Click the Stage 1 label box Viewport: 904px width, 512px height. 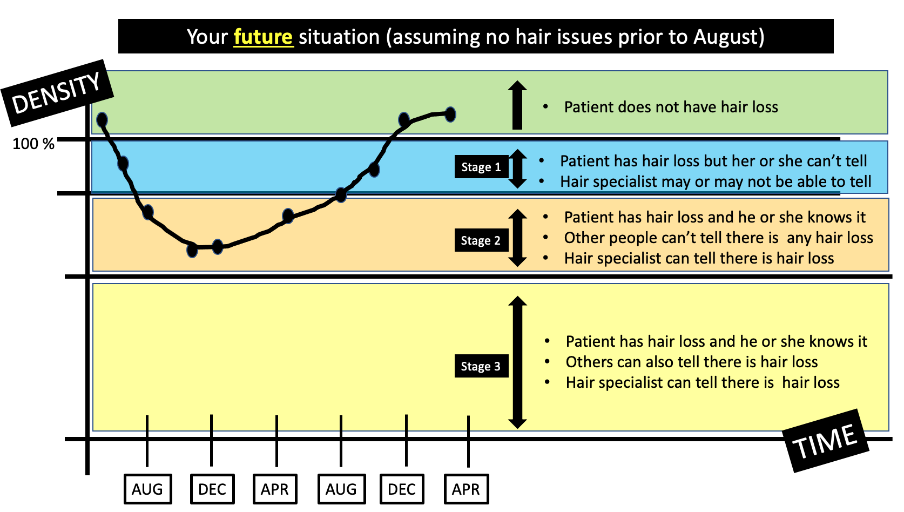[x=481, y=167]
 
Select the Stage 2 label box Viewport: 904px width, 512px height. [x=481, y=240]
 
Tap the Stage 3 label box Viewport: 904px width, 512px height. [x=481, y=366]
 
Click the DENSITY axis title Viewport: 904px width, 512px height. [x=57, y=93]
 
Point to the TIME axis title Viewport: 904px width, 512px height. [x=825, y=441]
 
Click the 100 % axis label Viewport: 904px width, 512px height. [x=33, y=144]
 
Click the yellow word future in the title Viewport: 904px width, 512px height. [x=263, y=37]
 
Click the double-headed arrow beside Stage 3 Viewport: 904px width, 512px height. [x=517, y=362]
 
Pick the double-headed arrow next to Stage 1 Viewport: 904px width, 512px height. [x=517, y=169]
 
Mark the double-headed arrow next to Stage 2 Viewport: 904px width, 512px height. [x=517, y=238]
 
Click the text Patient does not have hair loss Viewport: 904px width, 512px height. [x=671, y=107]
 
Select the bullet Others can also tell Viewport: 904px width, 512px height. [x=691, y=362]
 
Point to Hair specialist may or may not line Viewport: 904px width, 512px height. [x=715, y=181]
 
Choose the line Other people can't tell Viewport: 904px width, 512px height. [x=718, y=238]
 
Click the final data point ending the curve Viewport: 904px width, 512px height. [x=450, y=114]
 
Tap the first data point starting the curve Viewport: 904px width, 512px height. [x=102, y=120]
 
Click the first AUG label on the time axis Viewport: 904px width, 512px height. [x=147, y=489]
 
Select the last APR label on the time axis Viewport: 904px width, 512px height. [x=466, y=489]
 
